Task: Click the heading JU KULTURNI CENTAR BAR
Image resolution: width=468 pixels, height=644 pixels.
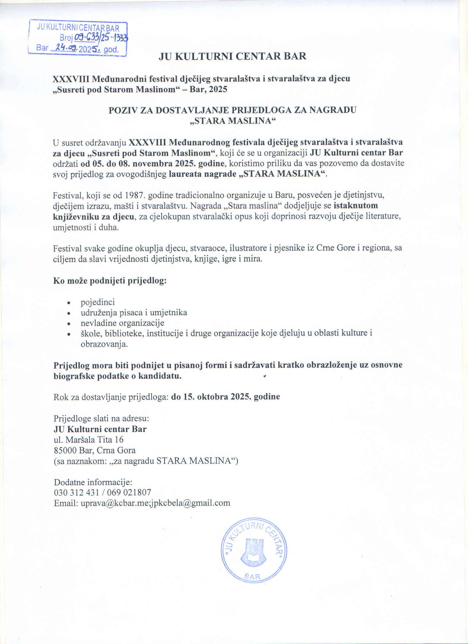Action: tap(232, 56)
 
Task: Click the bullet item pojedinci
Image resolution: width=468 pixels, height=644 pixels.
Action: tap(97, 302)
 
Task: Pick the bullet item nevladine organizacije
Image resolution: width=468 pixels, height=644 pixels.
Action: tap(122, 323)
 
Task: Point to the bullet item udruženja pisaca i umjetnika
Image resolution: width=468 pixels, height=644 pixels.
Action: tap(134, 313)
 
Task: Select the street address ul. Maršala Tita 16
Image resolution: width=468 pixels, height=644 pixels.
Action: tap(88, 439)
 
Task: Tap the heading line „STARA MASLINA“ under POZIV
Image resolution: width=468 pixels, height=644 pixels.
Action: tap(232, 121)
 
